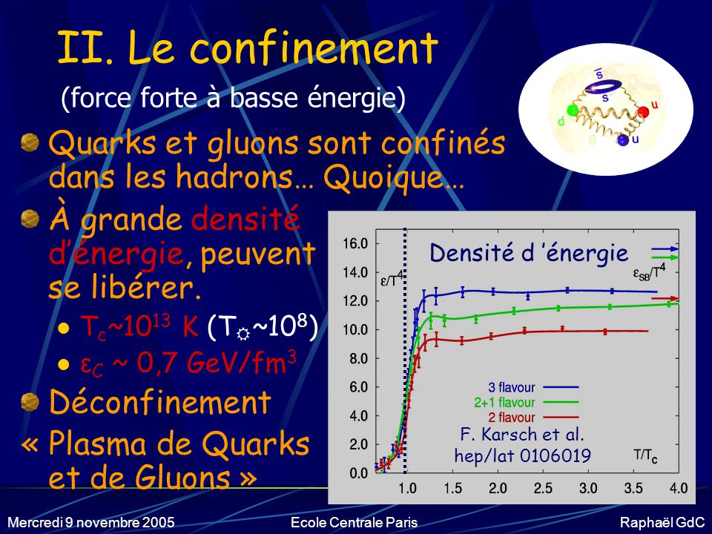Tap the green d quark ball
click(x=573, y=111)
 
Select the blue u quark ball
click(x=622, y=140)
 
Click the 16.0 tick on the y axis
click(x=355, y=244)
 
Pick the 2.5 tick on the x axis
click(x=543, y=489)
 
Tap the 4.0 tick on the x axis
click(x=679, y=489)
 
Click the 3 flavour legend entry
click(x=533, y=387)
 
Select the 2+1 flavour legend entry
click(x=527, y=402)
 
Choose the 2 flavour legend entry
click(x=533, y=418)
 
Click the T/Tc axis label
click(x=645, y=456)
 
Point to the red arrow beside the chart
click(x=666, y=298)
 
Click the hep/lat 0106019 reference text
click(x=523, y=455)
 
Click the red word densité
click(x=245, y=218)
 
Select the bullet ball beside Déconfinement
click(x=30, y=402)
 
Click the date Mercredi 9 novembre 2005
click(x=90, y=522)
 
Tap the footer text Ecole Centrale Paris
click(x=354, y=522)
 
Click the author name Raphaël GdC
click(x=662, y=522)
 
